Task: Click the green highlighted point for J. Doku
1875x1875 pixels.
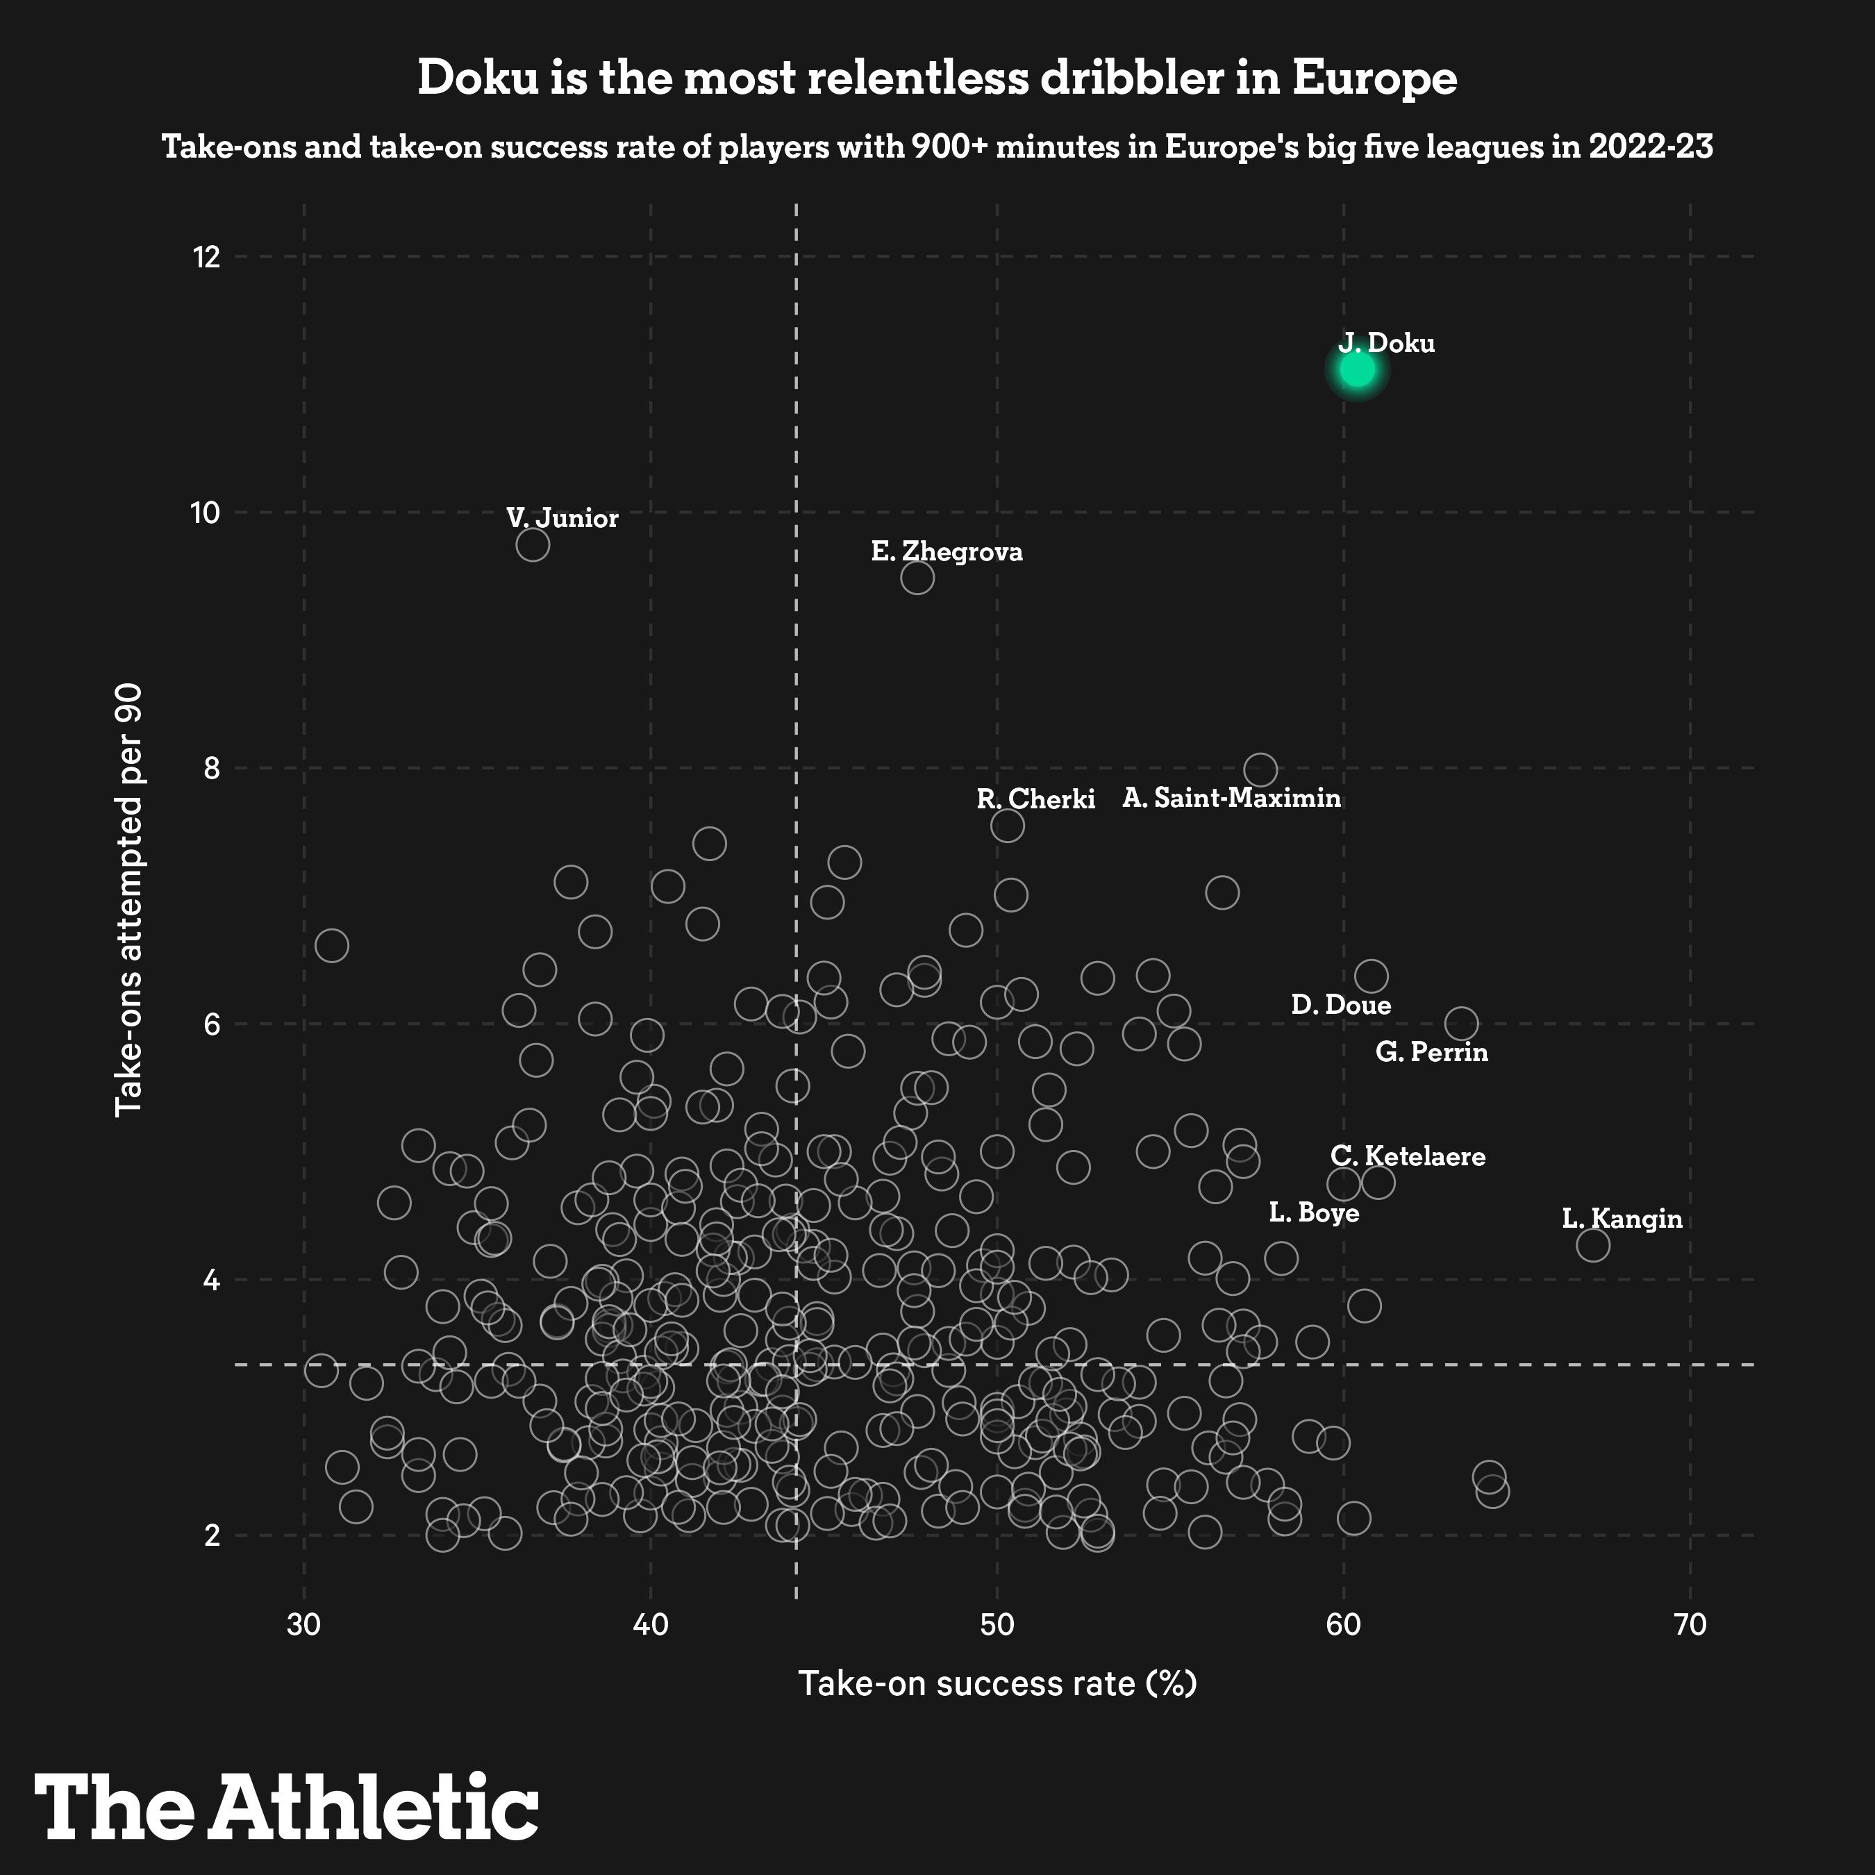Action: [1357, 369]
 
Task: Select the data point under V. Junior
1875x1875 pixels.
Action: [533, 544]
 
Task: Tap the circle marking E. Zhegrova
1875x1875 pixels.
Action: [917, 578]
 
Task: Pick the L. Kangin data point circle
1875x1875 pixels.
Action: [1592, 1244]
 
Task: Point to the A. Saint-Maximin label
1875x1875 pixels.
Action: [1231, 799]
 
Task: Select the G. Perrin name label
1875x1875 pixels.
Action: [1431, 1052]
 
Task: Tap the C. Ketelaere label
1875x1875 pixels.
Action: [1407, 1156]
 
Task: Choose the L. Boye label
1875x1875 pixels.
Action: [1313, 1213]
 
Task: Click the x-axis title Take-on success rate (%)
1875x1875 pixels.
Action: [997, 1683]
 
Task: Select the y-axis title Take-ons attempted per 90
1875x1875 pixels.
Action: [129, 899]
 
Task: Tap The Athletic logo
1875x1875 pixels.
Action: [286, 1805]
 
